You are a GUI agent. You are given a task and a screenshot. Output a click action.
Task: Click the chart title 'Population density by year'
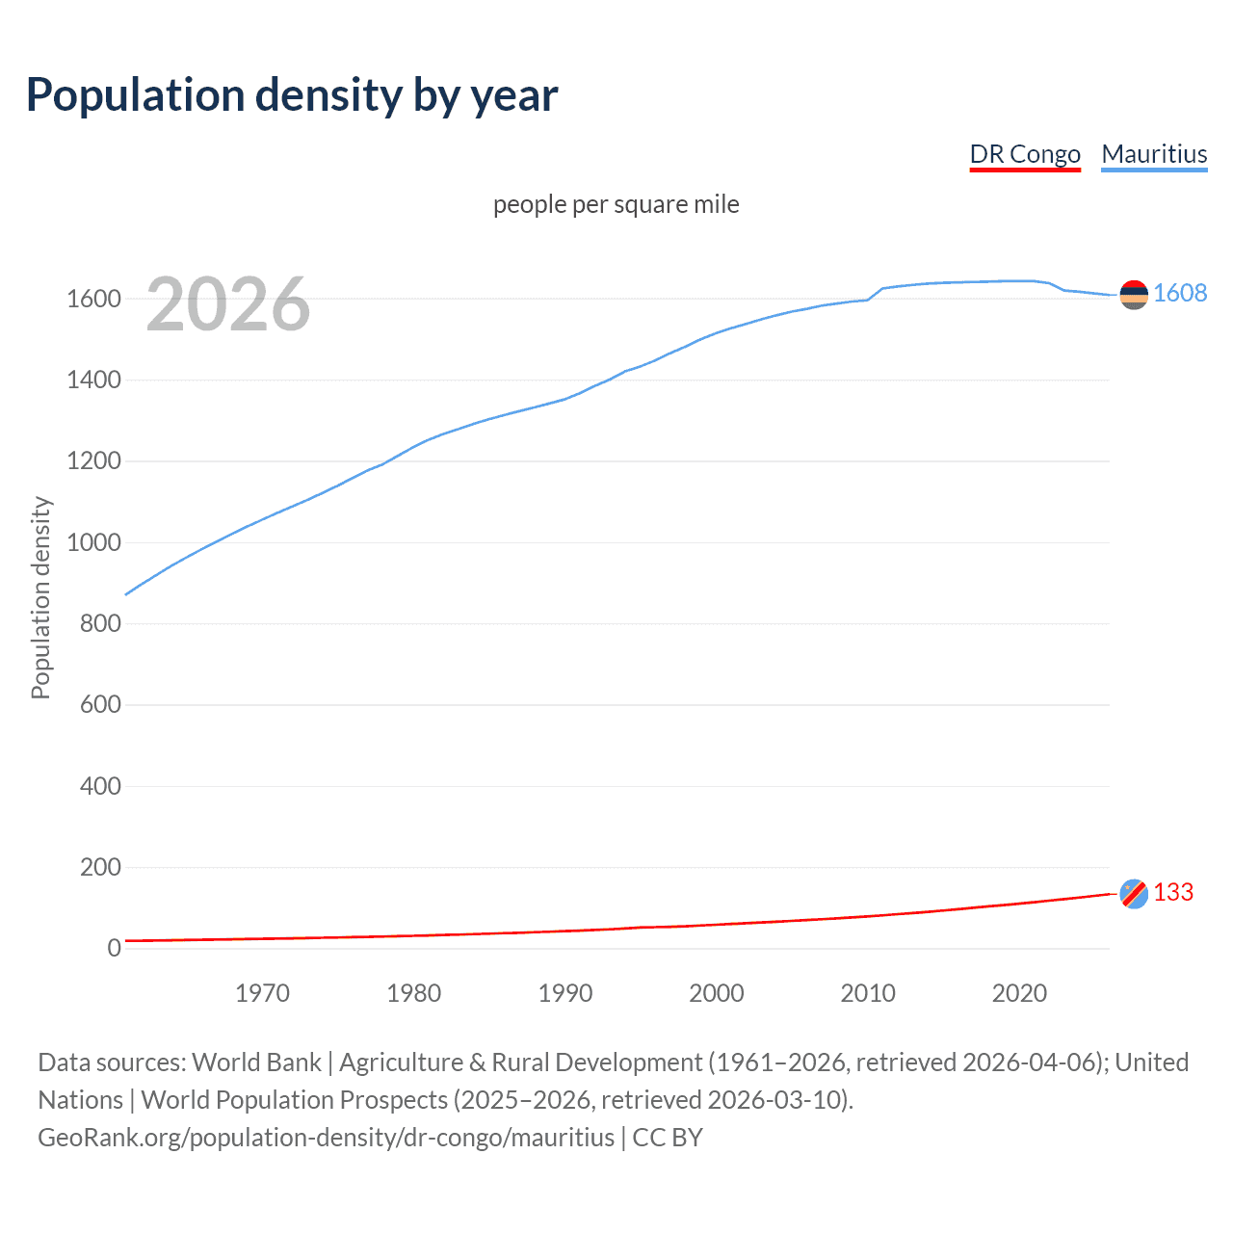(292, 95)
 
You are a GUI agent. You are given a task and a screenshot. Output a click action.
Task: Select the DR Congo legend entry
(1025, 155)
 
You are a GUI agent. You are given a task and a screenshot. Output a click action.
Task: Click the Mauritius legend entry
(1154, 155)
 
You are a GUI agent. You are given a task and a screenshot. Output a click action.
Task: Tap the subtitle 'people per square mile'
(616, 205)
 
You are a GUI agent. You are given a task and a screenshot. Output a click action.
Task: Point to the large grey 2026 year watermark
(228, 304)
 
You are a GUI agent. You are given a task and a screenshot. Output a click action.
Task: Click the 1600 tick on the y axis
(93, 300)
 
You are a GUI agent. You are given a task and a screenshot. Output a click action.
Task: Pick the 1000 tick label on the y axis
(93, 543)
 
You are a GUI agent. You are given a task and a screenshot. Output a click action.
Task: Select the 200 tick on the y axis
(100, 868)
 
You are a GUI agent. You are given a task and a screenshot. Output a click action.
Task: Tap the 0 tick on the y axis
(115, 949)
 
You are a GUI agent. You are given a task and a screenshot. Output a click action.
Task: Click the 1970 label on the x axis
(262, 993)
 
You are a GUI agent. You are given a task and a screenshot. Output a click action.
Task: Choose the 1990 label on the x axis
(565, 993)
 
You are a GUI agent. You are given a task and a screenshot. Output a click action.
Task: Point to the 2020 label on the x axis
(1019, 993)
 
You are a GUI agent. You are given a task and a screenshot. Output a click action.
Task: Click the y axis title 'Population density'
(40, 597)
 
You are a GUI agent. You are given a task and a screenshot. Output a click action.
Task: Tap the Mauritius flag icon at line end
(1134, 294)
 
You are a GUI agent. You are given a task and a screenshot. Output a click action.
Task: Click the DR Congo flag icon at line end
(1134, 894)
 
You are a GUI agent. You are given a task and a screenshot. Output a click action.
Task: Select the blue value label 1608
(1180, 294)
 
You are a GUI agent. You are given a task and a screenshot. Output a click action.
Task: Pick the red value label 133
(1173, 893)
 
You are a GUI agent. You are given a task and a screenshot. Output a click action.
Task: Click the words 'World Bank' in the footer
(256, 1062)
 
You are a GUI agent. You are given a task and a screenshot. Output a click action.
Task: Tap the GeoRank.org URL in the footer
(326, 1138)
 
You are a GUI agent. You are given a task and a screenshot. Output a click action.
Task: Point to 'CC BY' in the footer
(668, 1138)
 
